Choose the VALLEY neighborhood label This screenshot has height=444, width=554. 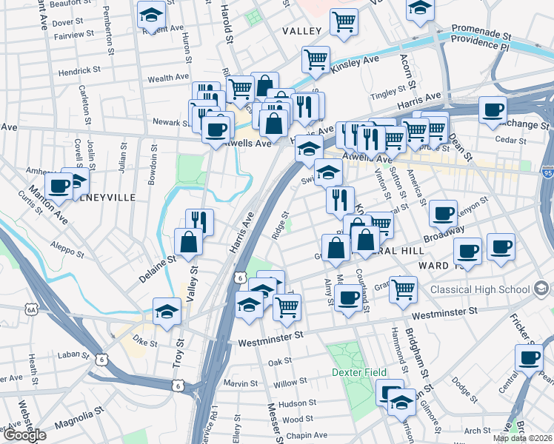pos(302,31)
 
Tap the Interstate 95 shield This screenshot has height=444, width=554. pos(547,173)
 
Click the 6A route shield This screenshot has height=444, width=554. pos(30,309)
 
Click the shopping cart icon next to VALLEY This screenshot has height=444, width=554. pos(344,21)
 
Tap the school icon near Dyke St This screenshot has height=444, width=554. pos(167,311)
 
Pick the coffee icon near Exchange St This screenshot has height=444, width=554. pos(492,110)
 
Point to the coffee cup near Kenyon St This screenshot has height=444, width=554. pos(443,213)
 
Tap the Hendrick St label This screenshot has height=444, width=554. pos(79,70)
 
